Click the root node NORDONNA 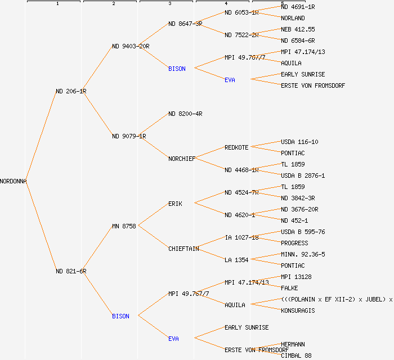coord(14,181)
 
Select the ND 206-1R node coord(71,91)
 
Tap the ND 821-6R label coord(71,271)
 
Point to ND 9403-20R coord(131,46)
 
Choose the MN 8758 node coord(124,226)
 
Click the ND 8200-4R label coord(185,114)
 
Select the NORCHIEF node coord(182,159)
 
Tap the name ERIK coord(175,204)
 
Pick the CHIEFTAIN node coord(183,249)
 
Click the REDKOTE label coord(236,147)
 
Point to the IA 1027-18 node coord(241,237)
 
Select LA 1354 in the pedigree coord(236,260)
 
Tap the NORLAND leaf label coord(293,18)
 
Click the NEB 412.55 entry coord(298,29)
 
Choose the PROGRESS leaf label coord(294,243)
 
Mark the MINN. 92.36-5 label coord(303,254)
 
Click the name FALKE coord(289,288)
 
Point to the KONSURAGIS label coord(298,310)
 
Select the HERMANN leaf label coord(293,344)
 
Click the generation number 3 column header coord(169,4)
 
